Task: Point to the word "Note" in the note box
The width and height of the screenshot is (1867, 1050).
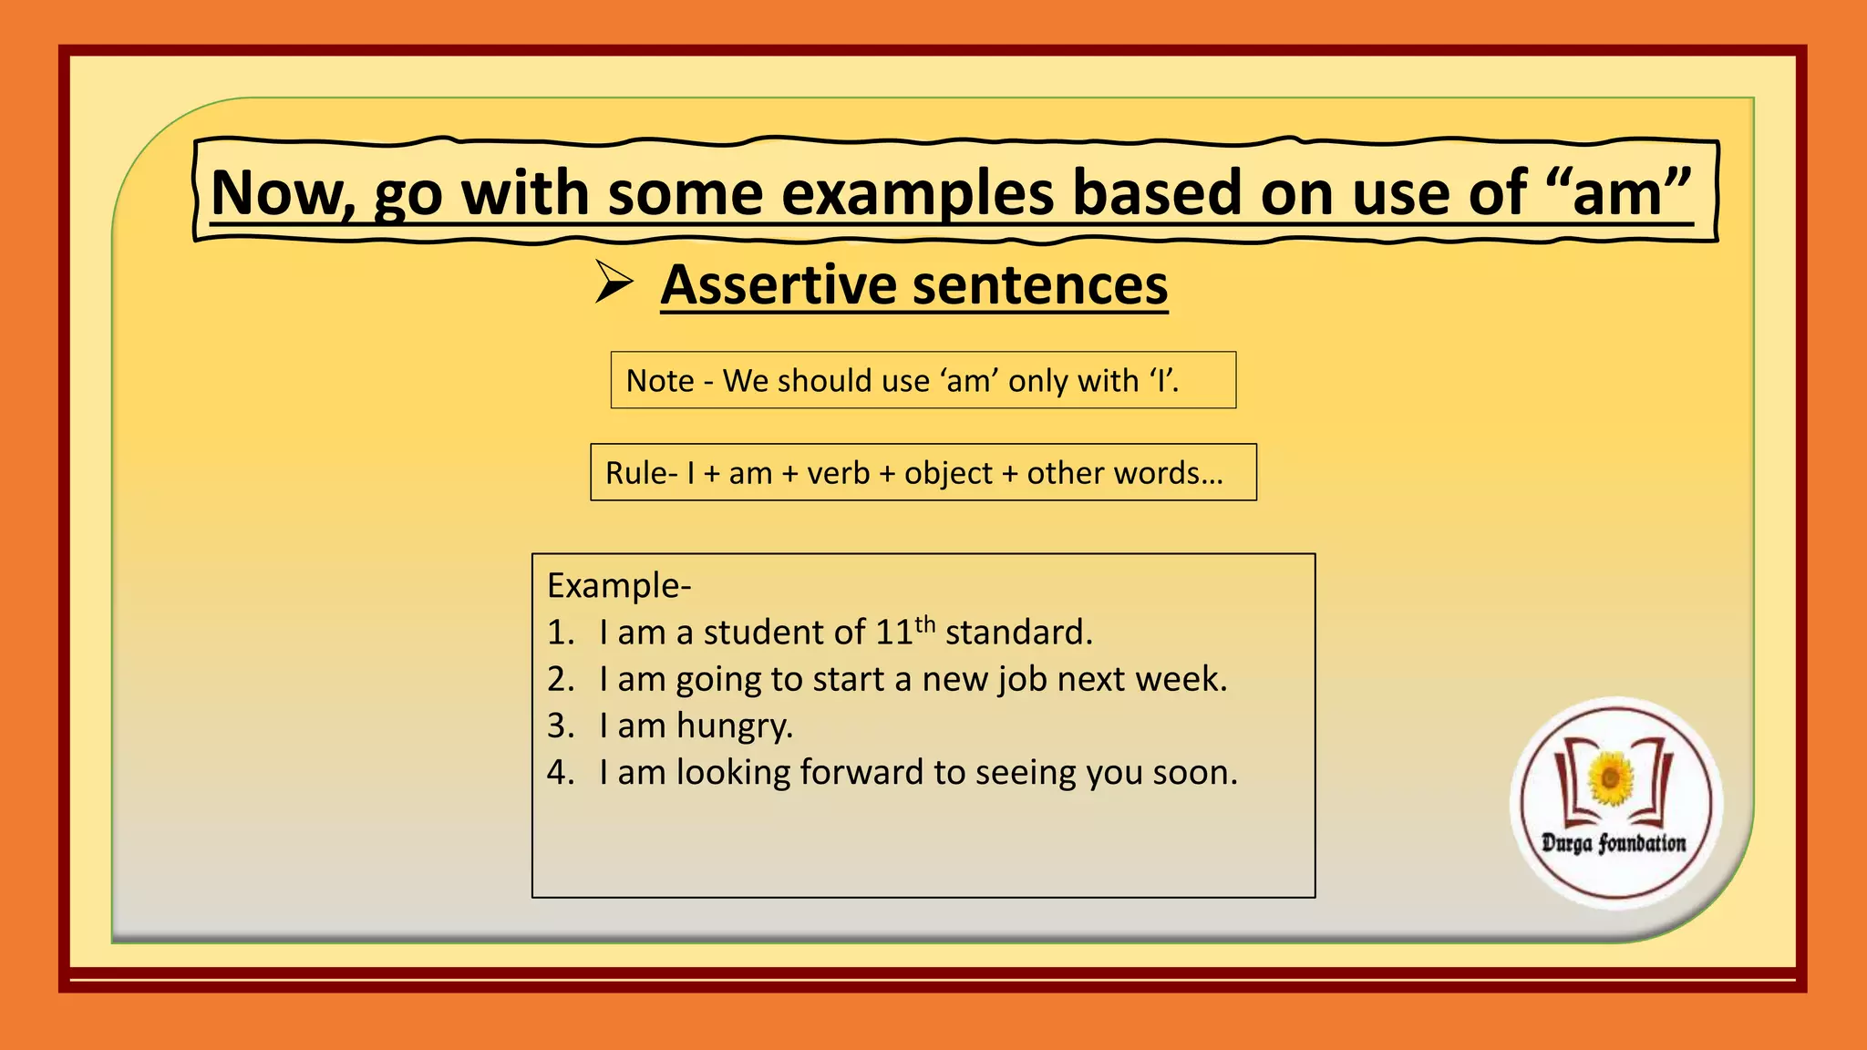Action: [x=660, y=381]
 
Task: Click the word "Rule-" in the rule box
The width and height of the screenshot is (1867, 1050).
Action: [x=641, y=473]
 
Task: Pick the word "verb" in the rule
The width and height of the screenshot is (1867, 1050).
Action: [x=837, y=473]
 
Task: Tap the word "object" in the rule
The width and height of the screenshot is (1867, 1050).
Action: [x=947, y=474]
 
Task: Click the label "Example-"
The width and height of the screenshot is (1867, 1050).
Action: [x=619, y=585]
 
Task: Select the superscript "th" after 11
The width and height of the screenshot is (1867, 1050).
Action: [x=925, y=624]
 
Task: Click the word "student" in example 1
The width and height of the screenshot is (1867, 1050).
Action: [x=765, y=633]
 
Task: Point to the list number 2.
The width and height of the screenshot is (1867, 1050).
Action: [x=560, y=679]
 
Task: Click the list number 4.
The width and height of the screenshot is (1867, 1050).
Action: [x=560, y=773]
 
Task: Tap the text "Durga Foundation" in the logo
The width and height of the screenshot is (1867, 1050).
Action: [x=1614, y=843]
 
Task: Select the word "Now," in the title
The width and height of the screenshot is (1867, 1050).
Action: [x=282, y=194]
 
